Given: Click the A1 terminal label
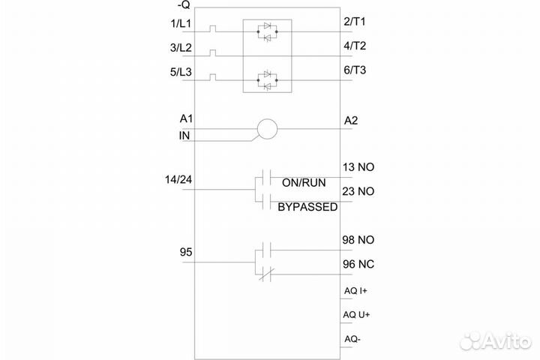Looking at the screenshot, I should [186, 119].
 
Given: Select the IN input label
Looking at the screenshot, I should [184, 136].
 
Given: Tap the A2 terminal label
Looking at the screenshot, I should [351, 120].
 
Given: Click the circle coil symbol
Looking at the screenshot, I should [266, 130].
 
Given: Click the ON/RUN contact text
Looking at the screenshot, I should [304, 183].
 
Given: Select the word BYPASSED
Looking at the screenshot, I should [307, 206].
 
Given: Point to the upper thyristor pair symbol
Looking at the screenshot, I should [266, 31].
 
